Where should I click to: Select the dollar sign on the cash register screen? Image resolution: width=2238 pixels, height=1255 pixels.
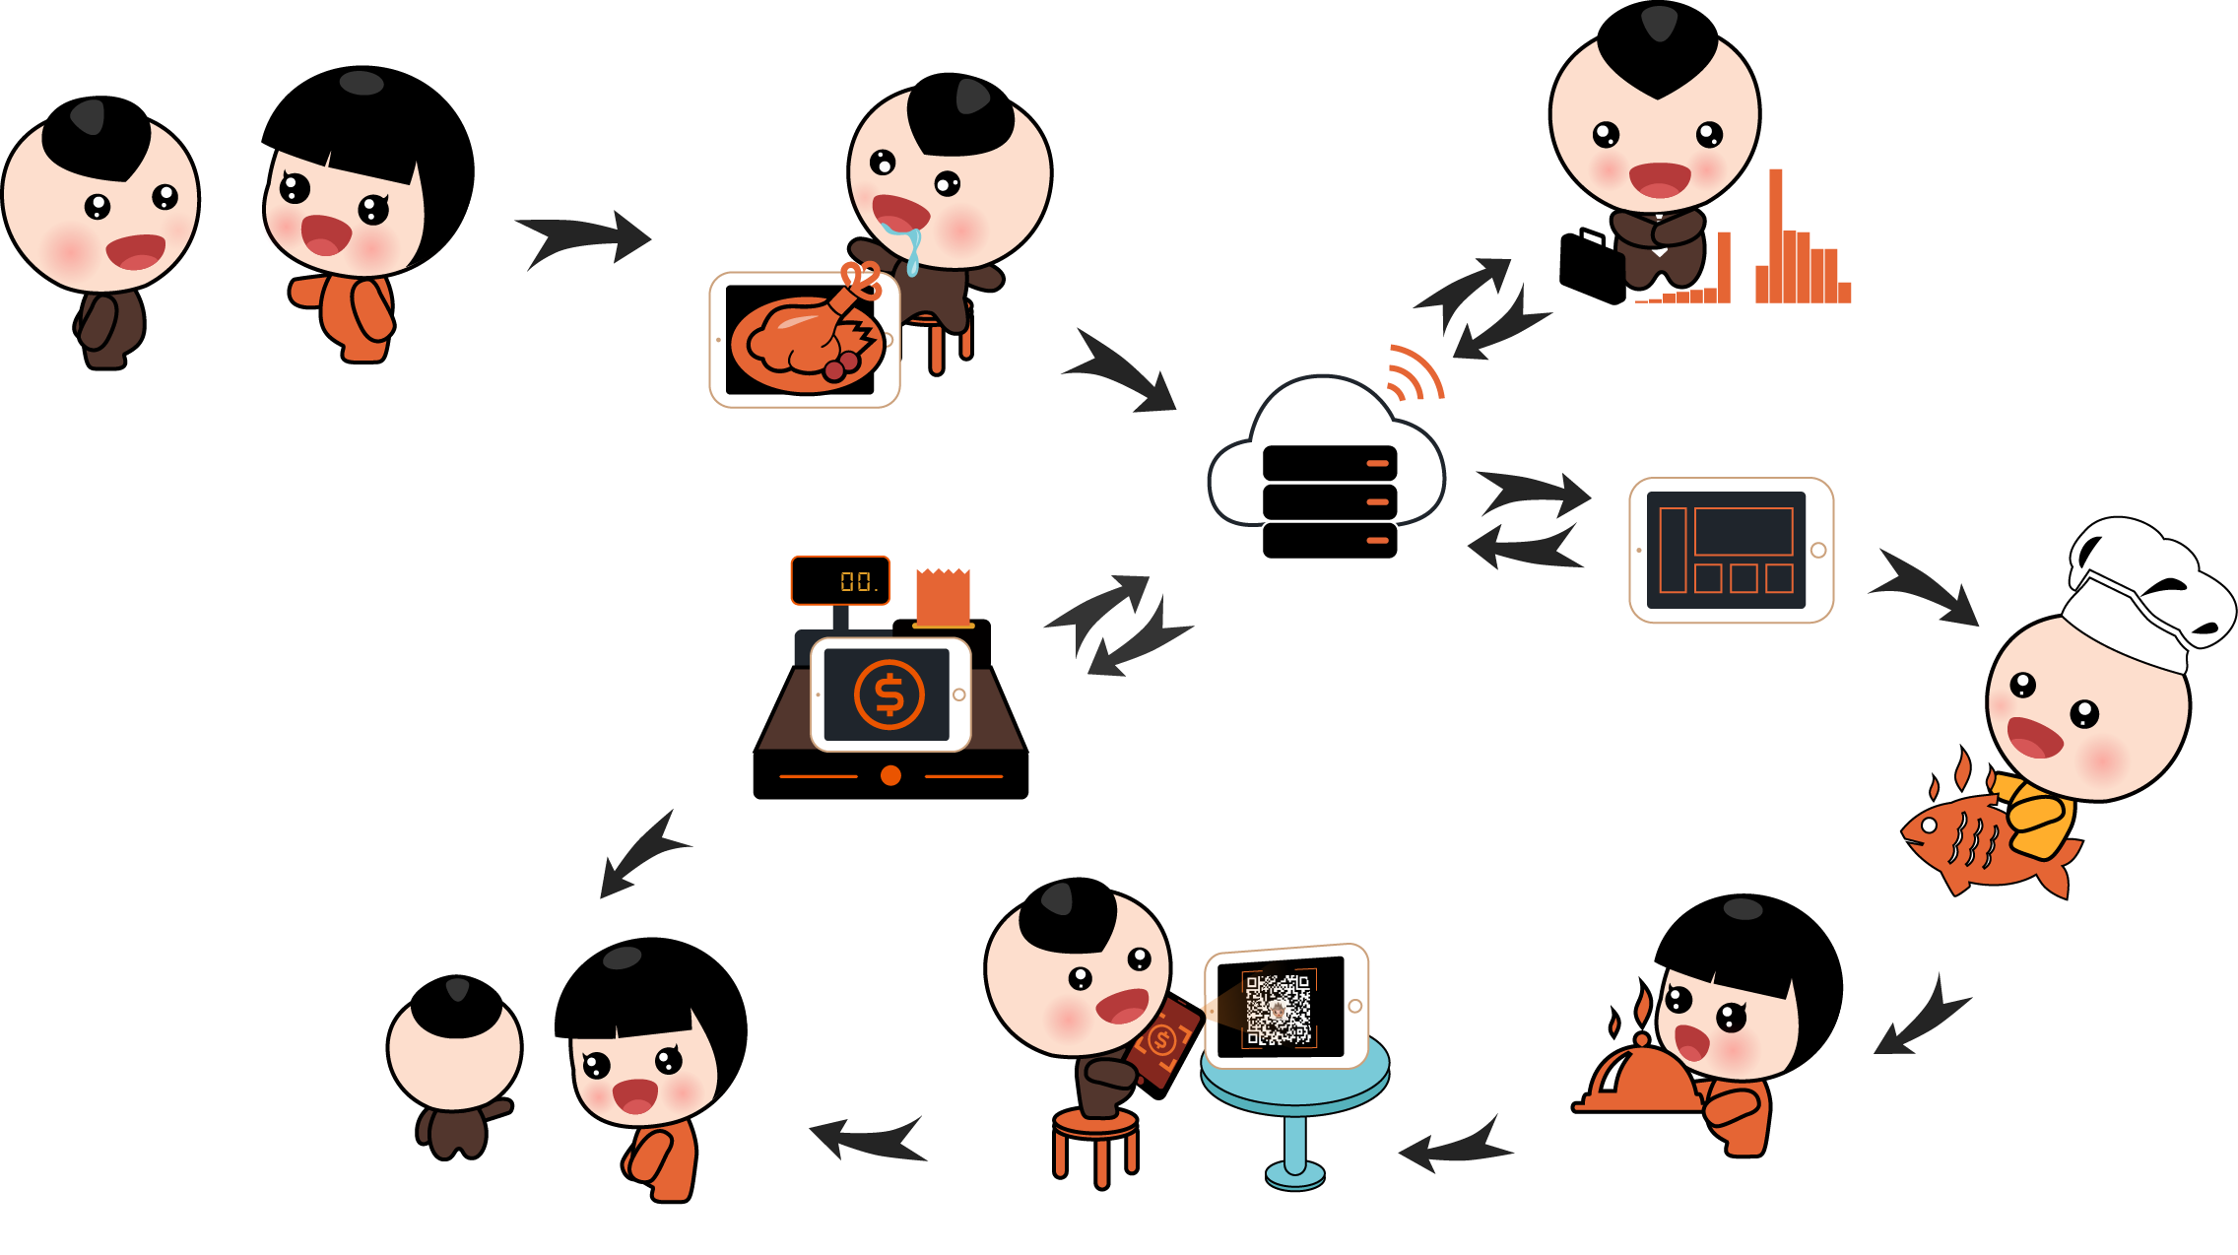pos(889,694)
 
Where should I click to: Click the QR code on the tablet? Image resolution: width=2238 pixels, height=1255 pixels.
pos(1279,1009)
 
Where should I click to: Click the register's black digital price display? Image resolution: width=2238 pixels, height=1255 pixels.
pos(840,580)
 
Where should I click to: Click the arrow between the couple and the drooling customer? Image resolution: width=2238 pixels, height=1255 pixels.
pos(584,237)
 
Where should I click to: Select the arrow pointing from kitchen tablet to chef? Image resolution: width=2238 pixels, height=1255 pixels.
pos(1926,588)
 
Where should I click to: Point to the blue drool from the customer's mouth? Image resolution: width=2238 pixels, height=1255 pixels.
pos(913,252)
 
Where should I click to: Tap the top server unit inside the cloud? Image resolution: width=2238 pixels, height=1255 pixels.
pos(1330,462)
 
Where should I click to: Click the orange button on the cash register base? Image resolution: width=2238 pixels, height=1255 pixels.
pos(890,775)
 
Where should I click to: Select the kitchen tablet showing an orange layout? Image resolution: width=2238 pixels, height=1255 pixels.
pos(1731,550)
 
